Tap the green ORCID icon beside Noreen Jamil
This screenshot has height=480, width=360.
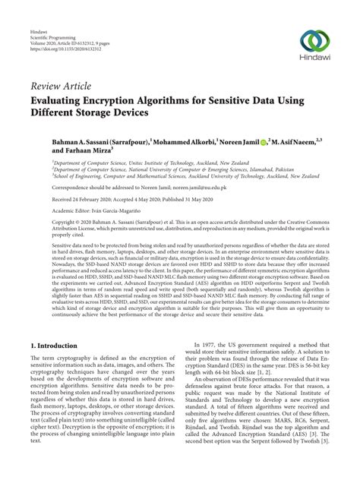click(263, 141)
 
